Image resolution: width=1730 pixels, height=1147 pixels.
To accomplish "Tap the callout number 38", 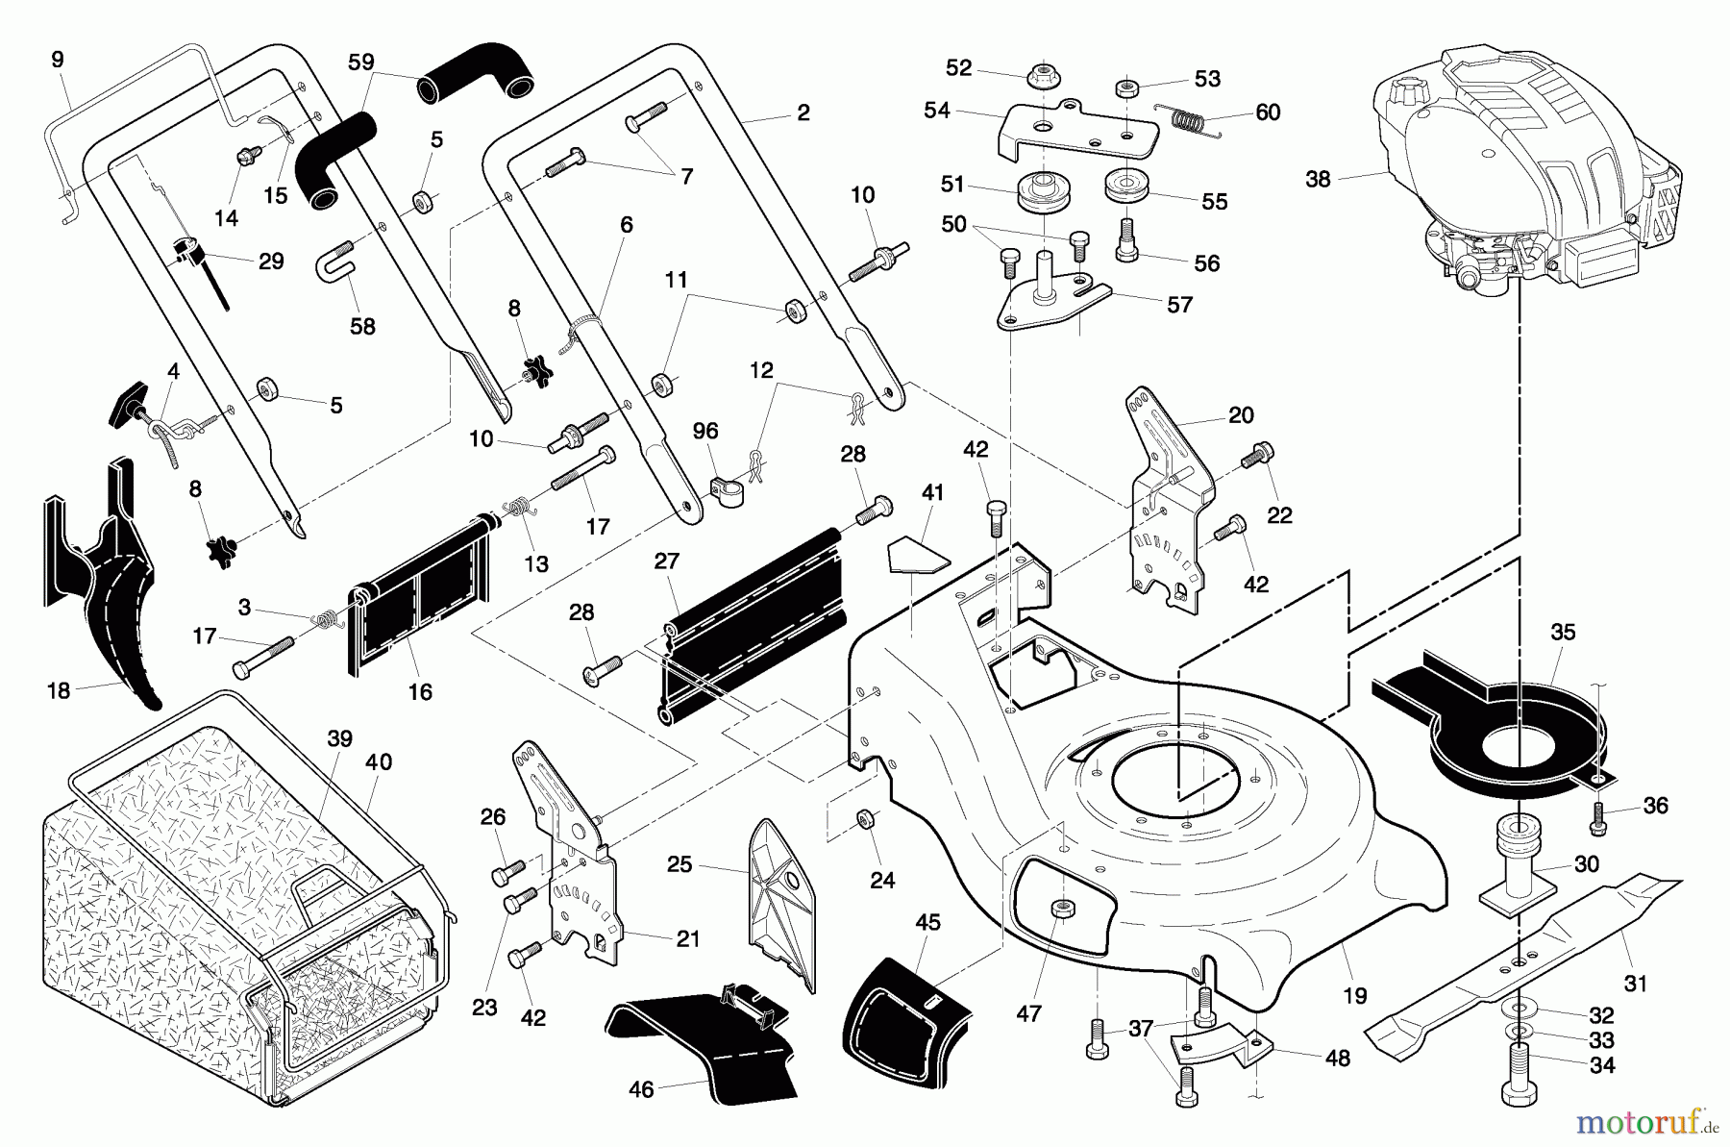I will (1318, 179).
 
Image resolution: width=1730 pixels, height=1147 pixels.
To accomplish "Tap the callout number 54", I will (936, 111).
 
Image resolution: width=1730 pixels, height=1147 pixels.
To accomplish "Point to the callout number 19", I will (1354, 996).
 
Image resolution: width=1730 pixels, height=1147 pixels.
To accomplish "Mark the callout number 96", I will (705, 431).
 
